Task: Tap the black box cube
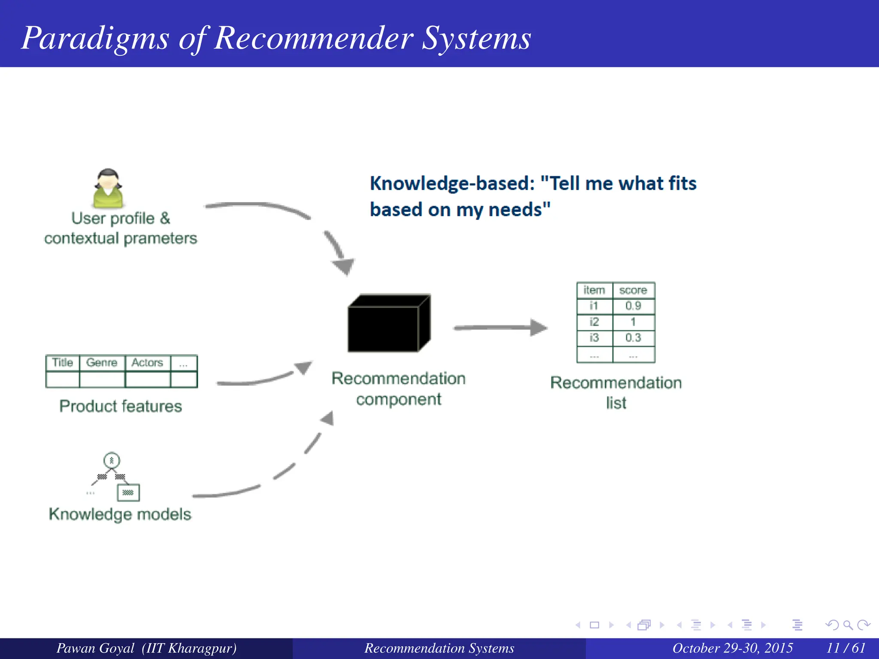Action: pyautogui.click(x=388, y=323)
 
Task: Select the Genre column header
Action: pyautogui.click(x=102, y=363)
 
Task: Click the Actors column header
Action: pyautogui.click(x=147, y=363)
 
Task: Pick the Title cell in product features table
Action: pyautogui.click(x=63, y=363)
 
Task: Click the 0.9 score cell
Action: pyautogui.click(x=633, y=306)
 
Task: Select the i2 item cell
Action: pyautogui.click(x=594, y=322)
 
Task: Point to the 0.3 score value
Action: pyautogui.click(x=633, y=338)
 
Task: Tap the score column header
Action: pyautogui.click(x=633, y=290)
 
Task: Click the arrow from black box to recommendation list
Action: pyautogui.click(x=500, y=328)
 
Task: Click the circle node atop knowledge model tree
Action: pyautogui.click(x=112, y=461)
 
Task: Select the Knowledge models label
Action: pyautogui.click(x=120, y=514)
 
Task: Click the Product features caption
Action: pyautogui.click(x=121, y=406)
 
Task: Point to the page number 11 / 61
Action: pyautogui.click(x=846, y=648)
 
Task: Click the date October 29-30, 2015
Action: pyautogui.click(x=732, y=648)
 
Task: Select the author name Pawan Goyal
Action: pyautogui.click(x=96, y=648)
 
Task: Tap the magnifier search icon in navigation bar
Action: pyautogui.click(x=848, y=625)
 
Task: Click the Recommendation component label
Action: pyautogui.click(x=398, y=389)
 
